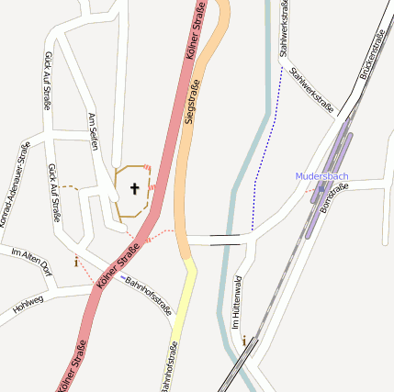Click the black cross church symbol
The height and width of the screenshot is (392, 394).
[x=135, y=189]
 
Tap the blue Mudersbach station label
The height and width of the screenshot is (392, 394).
[x=321, y=175]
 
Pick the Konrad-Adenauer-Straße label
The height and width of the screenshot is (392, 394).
[x=14, y=184]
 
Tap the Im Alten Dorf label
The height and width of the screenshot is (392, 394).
[x=31, y=261]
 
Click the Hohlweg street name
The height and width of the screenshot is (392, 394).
[x=28, y=305]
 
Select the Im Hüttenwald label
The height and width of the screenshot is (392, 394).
[x=236, y=303]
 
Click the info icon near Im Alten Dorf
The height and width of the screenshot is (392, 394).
[x=75, y=261]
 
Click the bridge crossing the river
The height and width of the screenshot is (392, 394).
[x=226, y=241]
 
